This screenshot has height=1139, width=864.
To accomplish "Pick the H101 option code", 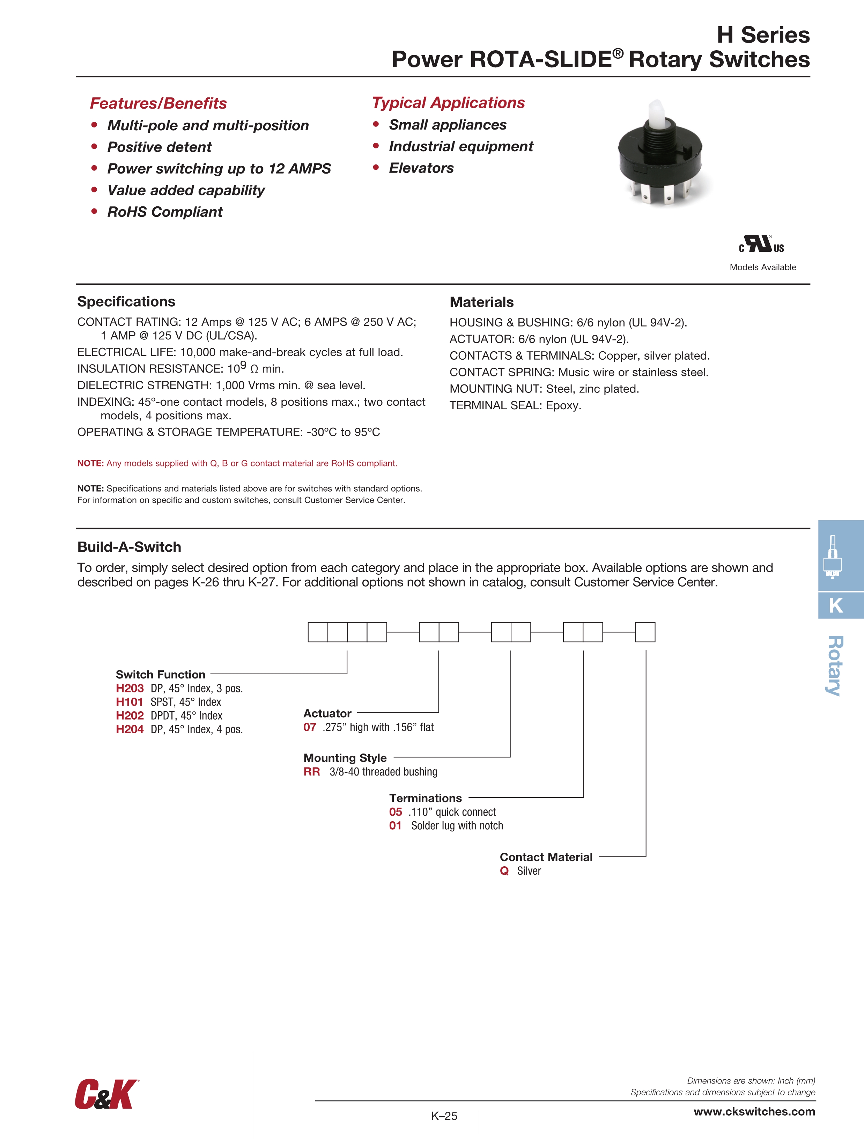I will coord(129,702).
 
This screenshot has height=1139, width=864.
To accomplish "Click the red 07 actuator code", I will coord(309,727).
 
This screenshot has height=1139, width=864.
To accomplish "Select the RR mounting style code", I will coord(311,772).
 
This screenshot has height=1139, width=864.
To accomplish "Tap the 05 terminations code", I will coord(396,812).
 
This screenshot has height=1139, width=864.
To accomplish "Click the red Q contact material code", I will coord(504,871).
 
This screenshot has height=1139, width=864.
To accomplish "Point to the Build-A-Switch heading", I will coord(129,547).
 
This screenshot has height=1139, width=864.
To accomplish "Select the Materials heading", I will coord(481,302).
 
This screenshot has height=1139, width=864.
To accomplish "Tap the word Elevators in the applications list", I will coord(421,168).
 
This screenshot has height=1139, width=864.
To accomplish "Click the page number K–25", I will coord(444,1116).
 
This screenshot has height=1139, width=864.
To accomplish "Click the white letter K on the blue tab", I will coord(836,605).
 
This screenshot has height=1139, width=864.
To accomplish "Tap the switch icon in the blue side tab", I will coord(833,557).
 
